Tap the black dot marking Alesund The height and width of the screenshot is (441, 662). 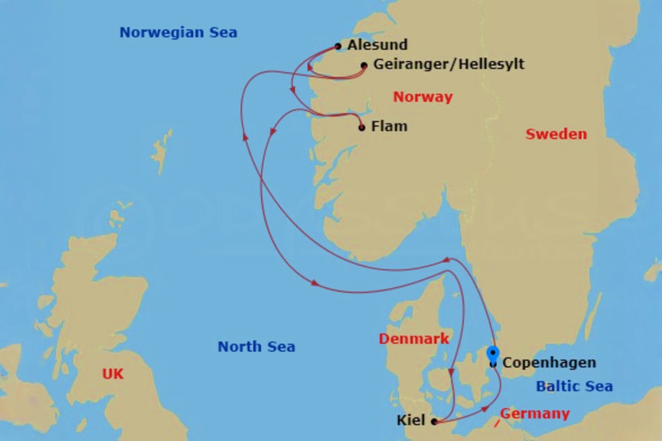click(338, 46)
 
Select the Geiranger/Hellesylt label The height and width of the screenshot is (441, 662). click(449, 64)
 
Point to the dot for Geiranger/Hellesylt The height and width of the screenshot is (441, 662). click(364, 66)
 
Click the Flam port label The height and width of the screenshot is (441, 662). click(389, 126)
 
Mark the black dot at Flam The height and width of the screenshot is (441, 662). click(362, 128)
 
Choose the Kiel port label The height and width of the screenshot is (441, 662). click(411, 421)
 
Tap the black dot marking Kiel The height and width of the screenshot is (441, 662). click(434, 422)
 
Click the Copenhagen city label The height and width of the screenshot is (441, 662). click(549, 363)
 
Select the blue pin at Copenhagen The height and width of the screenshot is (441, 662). click(493, 353)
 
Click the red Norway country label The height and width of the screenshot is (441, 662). click(423, 98)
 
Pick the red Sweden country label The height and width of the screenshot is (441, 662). click(556, 134)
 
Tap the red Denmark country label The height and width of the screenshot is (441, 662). click(413, 338)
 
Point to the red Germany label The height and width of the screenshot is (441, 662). click(535, 413)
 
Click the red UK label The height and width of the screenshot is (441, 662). click(113, 374)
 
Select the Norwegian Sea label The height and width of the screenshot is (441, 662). click(178, 33)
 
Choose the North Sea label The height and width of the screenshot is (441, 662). click(256, 347)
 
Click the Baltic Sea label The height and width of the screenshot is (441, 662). click(574, 386)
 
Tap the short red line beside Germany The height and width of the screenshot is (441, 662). click(497, 423)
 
